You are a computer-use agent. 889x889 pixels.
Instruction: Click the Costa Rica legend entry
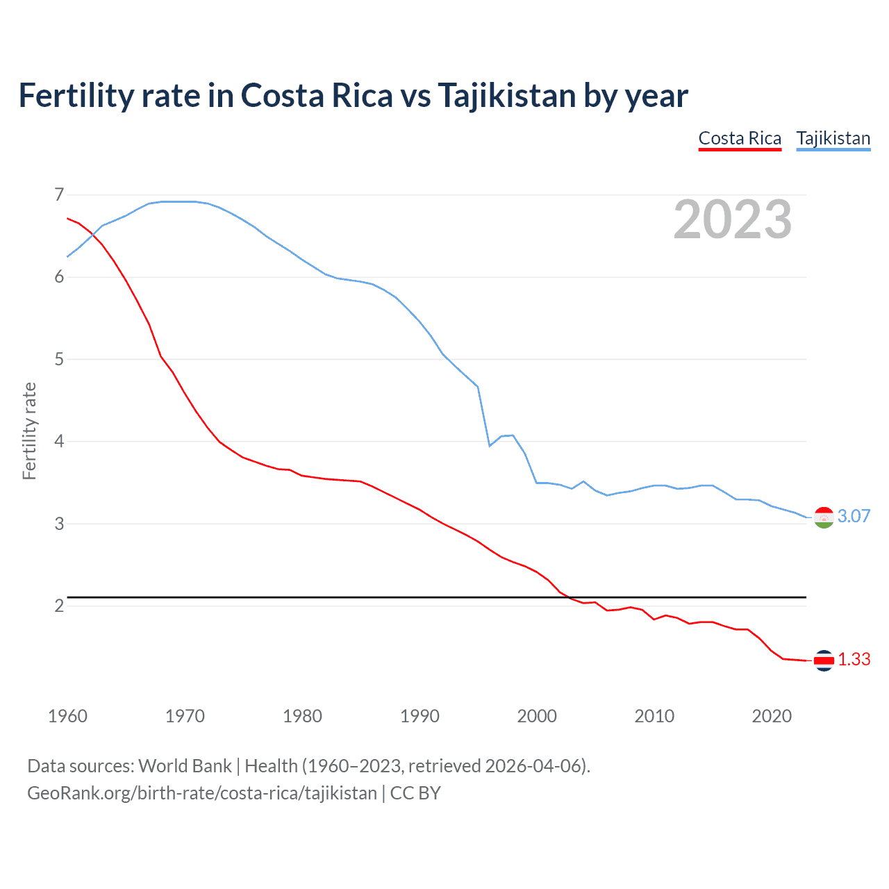pos(740,138)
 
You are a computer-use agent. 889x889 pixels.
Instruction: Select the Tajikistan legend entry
pos(833,138)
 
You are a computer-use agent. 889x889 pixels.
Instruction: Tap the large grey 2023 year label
pos(732,219)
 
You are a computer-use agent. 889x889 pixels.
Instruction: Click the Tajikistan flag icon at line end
pos(823,517)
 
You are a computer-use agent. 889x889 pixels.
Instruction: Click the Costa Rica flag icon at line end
pos(823,660)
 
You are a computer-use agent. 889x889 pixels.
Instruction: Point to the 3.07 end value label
pos(854,516)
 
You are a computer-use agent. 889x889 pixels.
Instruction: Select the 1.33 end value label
pos(854,659)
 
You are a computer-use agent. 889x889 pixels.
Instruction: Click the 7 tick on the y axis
pos(59,194)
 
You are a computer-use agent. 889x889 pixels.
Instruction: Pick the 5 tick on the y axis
pos(59,359)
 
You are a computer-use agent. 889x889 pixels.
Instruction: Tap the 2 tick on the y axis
pos(59,606)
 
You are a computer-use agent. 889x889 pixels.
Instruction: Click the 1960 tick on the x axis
pos(67,716)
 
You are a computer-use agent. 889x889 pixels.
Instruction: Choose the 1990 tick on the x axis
pos(419,716)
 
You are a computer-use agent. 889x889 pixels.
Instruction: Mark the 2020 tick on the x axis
pos(772,716)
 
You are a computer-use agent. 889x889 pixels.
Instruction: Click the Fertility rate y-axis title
pos(29,431)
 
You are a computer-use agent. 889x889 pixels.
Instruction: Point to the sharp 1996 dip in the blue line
pos(490,445)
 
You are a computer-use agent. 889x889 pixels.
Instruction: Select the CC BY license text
pos(415,793)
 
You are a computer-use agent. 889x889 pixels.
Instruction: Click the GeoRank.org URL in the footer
pos(201,793)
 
